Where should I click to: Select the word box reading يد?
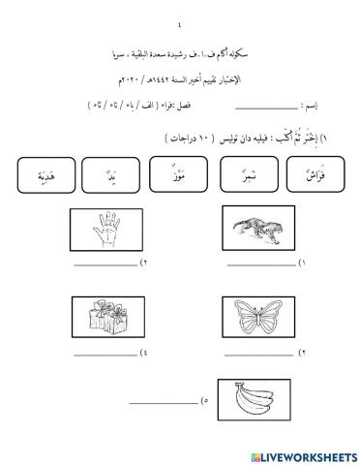tap(119, 177)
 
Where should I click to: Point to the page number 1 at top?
tap(180, 26)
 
